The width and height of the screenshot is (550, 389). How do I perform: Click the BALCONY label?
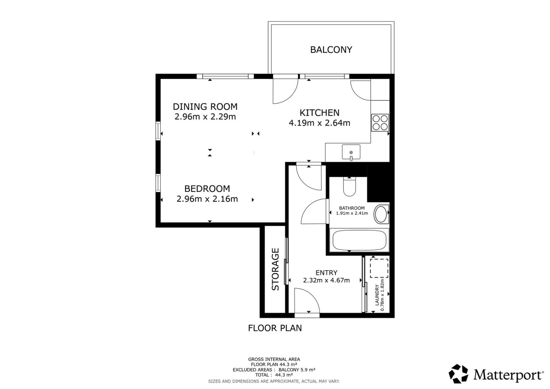(x=331, y=50)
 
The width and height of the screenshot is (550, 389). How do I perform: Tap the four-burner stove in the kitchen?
(x=380, y=123)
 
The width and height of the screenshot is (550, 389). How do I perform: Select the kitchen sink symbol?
(x=351, y=152)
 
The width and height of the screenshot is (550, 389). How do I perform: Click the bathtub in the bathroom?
(x=359, y=240)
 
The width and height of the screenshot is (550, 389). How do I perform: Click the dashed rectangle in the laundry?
(x=379, y=268)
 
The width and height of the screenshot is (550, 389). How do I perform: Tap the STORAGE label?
(x=275, y=269)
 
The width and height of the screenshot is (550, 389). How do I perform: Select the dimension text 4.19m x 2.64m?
(x=319, y=123)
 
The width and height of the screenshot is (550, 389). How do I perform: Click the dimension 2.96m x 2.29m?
(x=205, y=117)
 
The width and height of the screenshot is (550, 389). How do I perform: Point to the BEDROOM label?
(x=207, y=189)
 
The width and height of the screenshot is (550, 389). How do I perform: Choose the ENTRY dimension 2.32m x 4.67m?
(x=326, y=280)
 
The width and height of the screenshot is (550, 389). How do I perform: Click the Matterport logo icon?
(x=458, y=374)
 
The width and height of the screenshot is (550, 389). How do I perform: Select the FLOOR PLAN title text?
(x=275, y=328)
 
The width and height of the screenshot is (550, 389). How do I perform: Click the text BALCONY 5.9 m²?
(x=297, y=370)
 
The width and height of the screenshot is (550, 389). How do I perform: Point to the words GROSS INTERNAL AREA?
(x=274, y=359)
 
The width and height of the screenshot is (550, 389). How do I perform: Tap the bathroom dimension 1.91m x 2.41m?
(x=352, y=213)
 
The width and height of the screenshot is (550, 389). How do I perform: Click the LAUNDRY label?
(x=377, y=295)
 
